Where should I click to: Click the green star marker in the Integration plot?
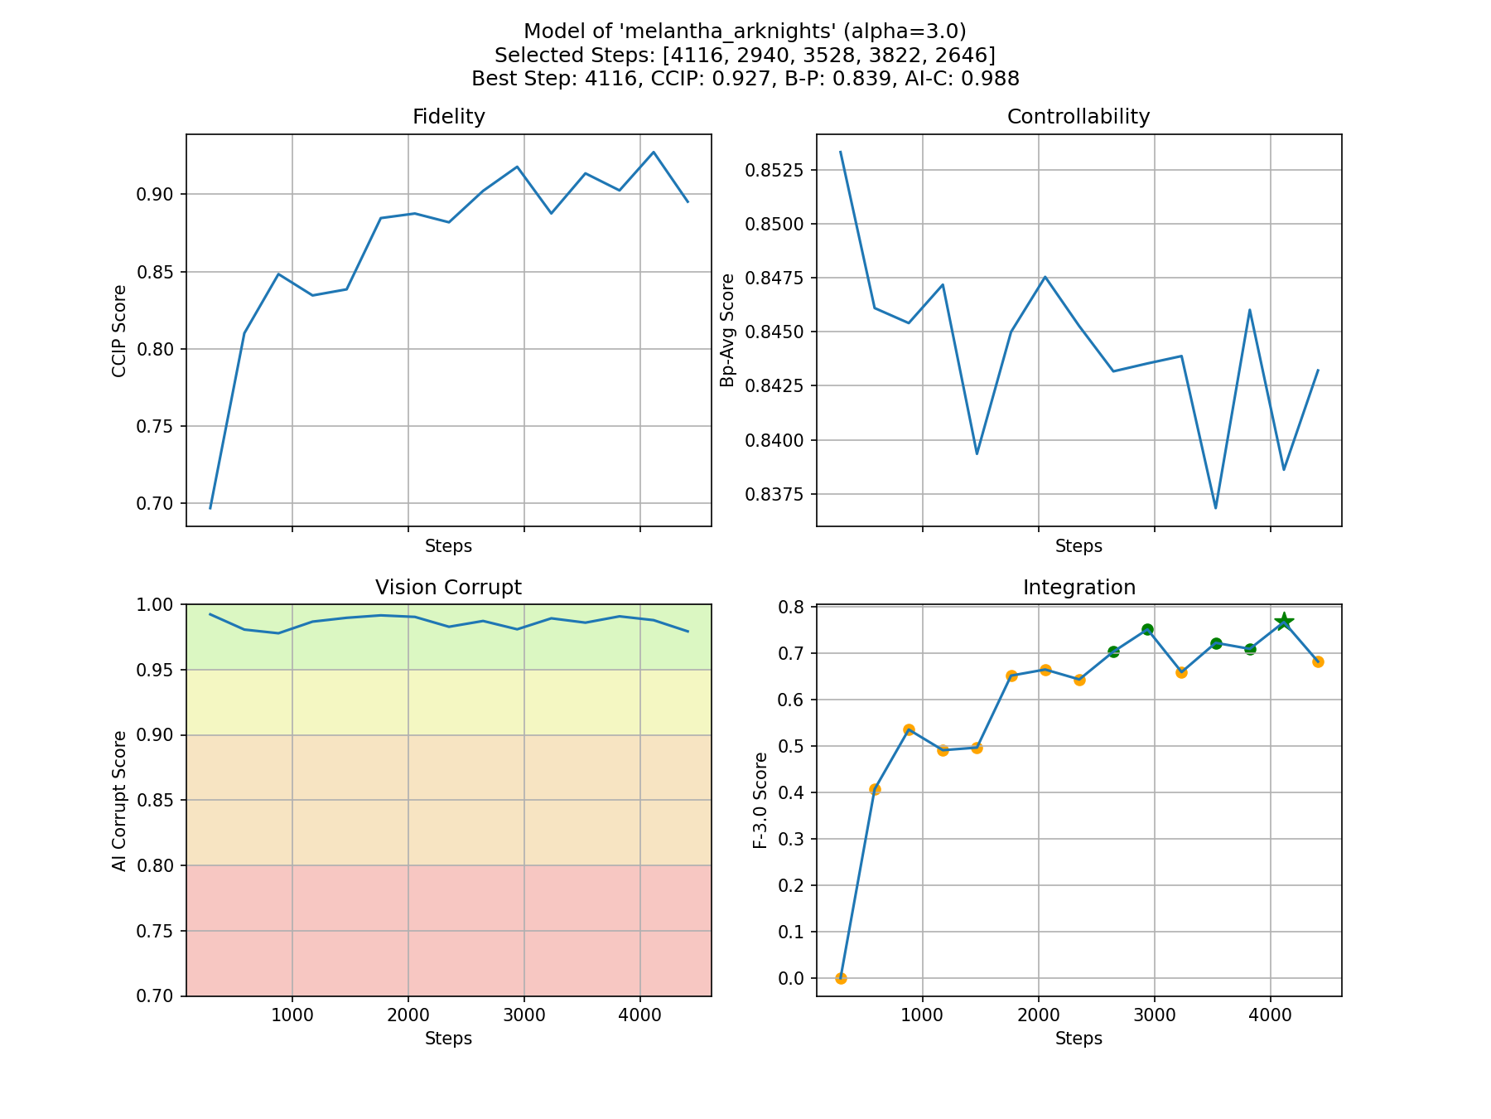1284,622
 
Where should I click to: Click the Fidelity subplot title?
448,117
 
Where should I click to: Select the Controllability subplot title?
1078,117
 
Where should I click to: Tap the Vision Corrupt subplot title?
448,588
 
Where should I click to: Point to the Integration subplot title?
1078,588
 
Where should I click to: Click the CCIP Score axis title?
119,331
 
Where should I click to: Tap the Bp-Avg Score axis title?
727,330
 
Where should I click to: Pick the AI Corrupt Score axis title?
119,801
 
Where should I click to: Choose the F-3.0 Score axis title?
760,800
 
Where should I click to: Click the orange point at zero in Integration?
841,978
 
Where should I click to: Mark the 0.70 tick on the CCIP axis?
157,504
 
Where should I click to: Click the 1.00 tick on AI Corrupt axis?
157,605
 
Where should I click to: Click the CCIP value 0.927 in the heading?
735,79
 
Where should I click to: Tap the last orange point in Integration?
1318,661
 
